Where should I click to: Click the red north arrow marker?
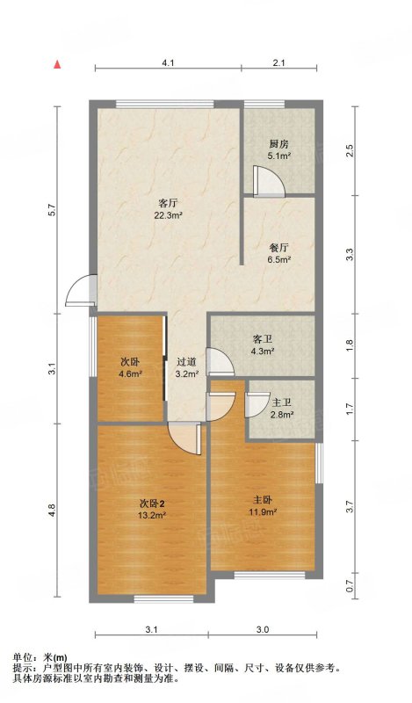click(57, 64)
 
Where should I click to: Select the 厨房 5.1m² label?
click(278, 150)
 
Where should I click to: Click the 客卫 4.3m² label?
click(263, 345)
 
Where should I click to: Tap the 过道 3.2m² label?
click(186, 367)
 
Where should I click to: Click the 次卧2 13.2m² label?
click(153, 510)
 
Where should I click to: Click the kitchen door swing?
click(268, 181)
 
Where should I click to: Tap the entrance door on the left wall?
click(81, 291)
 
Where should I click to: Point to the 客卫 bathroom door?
click(220, 361)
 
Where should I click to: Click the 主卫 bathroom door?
click(257, 405)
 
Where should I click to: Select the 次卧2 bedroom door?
click(184, 438)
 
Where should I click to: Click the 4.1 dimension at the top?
click(168, 63)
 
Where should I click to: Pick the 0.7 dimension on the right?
click(351, 585)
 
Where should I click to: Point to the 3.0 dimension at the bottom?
click(263, 629)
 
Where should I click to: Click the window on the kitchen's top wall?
click(264, 105)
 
